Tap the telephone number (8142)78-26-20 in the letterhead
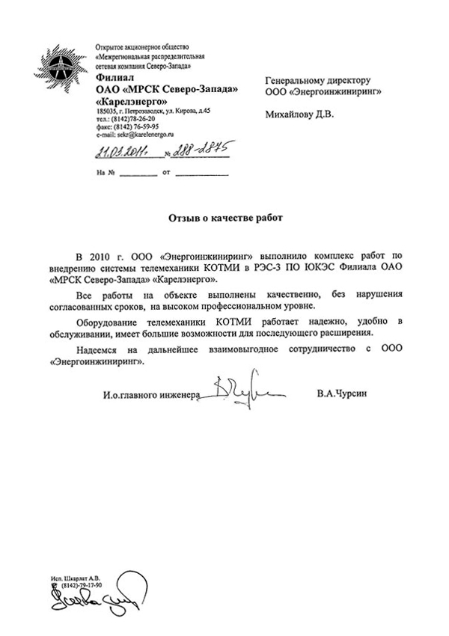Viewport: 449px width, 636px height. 135,118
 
